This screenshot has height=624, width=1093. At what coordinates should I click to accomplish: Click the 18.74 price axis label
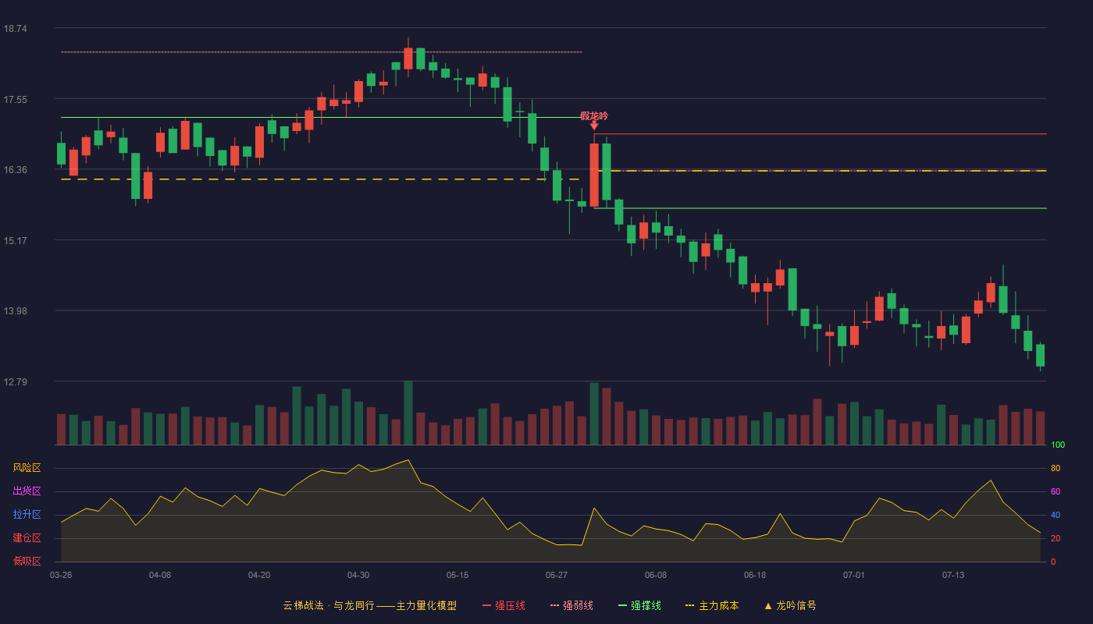[15, 29]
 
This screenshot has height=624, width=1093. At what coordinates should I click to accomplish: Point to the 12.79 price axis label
[15, 381]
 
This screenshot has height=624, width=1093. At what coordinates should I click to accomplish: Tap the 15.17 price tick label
[15, 241]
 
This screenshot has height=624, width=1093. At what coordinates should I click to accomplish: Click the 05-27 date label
[556, 576]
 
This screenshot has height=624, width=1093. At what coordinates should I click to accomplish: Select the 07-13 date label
[953, 576]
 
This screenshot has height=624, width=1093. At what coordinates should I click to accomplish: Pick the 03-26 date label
[61, 576]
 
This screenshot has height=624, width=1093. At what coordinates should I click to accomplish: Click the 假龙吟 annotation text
[594, 116]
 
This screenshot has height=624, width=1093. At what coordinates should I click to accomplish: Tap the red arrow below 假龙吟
[594, 126]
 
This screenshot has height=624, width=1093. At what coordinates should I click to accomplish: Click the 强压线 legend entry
[504, 605]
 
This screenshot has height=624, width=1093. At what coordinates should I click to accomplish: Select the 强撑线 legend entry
[639, 605]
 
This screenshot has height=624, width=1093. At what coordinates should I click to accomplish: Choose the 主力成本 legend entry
[712, 605]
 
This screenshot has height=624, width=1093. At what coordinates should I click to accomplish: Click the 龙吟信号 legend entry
[790, 605]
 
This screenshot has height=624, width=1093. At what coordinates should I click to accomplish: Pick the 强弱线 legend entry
[571, 605]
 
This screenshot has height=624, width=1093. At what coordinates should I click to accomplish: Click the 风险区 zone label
[27, 468]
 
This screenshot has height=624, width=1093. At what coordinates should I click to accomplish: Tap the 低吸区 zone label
[27, 562]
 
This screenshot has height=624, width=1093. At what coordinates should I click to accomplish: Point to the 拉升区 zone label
[27, 515]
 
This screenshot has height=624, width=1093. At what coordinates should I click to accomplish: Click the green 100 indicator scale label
[1058, 445]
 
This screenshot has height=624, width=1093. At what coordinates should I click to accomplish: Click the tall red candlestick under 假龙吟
[594, 175]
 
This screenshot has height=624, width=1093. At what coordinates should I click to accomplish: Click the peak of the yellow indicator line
[408, 459]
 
